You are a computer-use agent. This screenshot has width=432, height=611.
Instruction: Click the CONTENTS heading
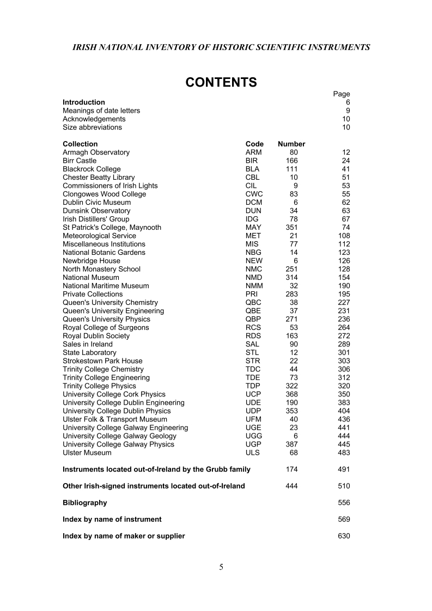click(221, 82)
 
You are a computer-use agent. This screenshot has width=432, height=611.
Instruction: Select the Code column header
click(254, 144)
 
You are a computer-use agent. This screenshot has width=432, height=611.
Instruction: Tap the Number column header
click(291, 144)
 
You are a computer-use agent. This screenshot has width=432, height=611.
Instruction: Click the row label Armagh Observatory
click(96, 152)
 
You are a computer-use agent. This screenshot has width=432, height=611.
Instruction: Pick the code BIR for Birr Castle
click(252, 161)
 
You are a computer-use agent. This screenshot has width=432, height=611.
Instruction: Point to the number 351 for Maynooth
click(292, 228)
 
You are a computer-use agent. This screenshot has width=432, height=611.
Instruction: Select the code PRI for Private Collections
click(252, 294)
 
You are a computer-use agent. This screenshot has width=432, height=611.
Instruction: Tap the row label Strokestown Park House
click(102, 361)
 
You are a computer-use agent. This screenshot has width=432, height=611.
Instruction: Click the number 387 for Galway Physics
click(292, 444)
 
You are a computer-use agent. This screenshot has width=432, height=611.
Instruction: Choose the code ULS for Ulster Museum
click(253, 453)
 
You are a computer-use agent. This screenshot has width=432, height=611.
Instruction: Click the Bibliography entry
click(84, 503)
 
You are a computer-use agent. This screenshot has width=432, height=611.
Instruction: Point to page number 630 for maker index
click(344, 536)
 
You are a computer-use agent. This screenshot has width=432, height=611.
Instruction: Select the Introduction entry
click(84, 102)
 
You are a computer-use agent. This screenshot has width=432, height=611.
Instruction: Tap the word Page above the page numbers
click(342, 94)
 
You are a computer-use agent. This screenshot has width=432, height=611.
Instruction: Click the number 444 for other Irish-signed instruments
click(292, 486)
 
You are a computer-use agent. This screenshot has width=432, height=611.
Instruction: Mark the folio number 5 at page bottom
click(221, 567)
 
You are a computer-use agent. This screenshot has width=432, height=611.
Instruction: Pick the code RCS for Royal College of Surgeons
click(253, 328)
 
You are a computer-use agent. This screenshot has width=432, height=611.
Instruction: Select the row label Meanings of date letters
click(101, 111)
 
